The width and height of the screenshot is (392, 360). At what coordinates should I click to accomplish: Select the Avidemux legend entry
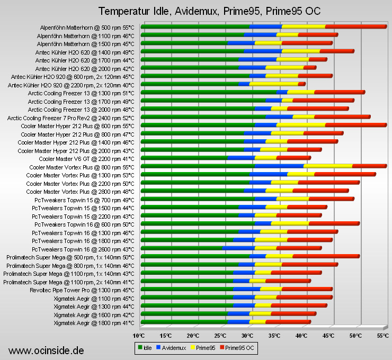(x=172, y=347)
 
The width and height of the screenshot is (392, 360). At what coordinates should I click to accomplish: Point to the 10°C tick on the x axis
(x=139, y=336)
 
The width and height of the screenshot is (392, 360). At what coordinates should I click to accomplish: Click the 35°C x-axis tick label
(x=274, y=336)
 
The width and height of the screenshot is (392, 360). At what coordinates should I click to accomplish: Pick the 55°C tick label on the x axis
(x=382, y=336)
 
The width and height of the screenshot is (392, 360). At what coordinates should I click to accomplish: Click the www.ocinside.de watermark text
(x=47, y=350)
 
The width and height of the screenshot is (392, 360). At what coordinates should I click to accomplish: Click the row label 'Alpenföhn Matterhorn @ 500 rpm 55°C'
(x=87, y=27)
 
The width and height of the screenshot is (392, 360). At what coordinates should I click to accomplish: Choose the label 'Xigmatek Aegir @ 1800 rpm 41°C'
(x=94, y=322)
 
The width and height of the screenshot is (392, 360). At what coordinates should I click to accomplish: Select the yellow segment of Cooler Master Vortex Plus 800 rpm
(x=329, y=166)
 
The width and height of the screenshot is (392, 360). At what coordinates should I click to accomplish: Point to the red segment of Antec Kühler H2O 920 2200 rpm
(x=301, y=84)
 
